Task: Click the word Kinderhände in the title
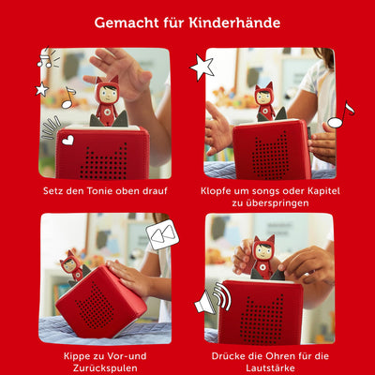point(237,22)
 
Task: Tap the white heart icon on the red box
point(67,141)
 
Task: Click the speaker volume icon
point(213,300)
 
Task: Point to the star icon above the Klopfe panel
point(202,66)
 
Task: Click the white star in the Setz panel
point(42,89)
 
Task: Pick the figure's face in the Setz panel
point(106,97)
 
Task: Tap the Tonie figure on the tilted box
point(72,265)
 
